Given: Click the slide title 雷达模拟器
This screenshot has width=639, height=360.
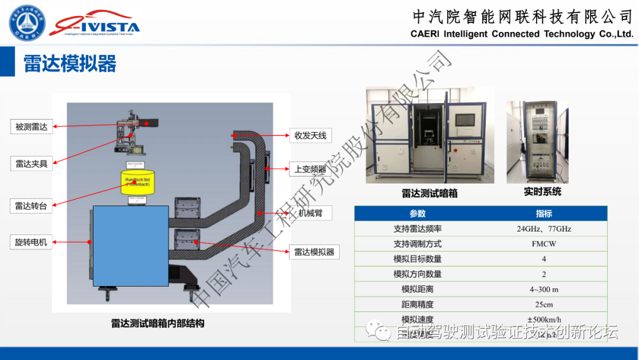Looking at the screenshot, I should pos(70,63).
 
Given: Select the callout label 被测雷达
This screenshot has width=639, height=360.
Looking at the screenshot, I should pos(31,127).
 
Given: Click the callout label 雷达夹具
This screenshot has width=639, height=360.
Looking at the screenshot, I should pos(31,164).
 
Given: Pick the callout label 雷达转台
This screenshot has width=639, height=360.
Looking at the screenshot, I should pos(31,205).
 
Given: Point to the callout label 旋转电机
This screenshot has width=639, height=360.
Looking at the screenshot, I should pos(31,242).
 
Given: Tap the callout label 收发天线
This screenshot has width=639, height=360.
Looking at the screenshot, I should pos(310,135).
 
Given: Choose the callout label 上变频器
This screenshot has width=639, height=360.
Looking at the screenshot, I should pos(310,169).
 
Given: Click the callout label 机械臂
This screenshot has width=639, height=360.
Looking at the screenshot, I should pos(310,213).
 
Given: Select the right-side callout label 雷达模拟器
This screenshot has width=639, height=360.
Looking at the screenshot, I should pos(314,252).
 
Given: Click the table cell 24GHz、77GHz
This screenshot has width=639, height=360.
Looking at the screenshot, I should pos(544,229).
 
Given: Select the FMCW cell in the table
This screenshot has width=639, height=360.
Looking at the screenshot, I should pos(544,244).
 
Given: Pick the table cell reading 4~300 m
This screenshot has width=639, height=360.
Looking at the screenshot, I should pos(544,290).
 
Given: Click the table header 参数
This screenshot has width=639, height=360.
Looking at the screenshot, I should pos(417,213).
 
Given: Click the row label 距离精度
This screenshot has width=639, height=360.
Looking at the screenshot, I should pos(417,304).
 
